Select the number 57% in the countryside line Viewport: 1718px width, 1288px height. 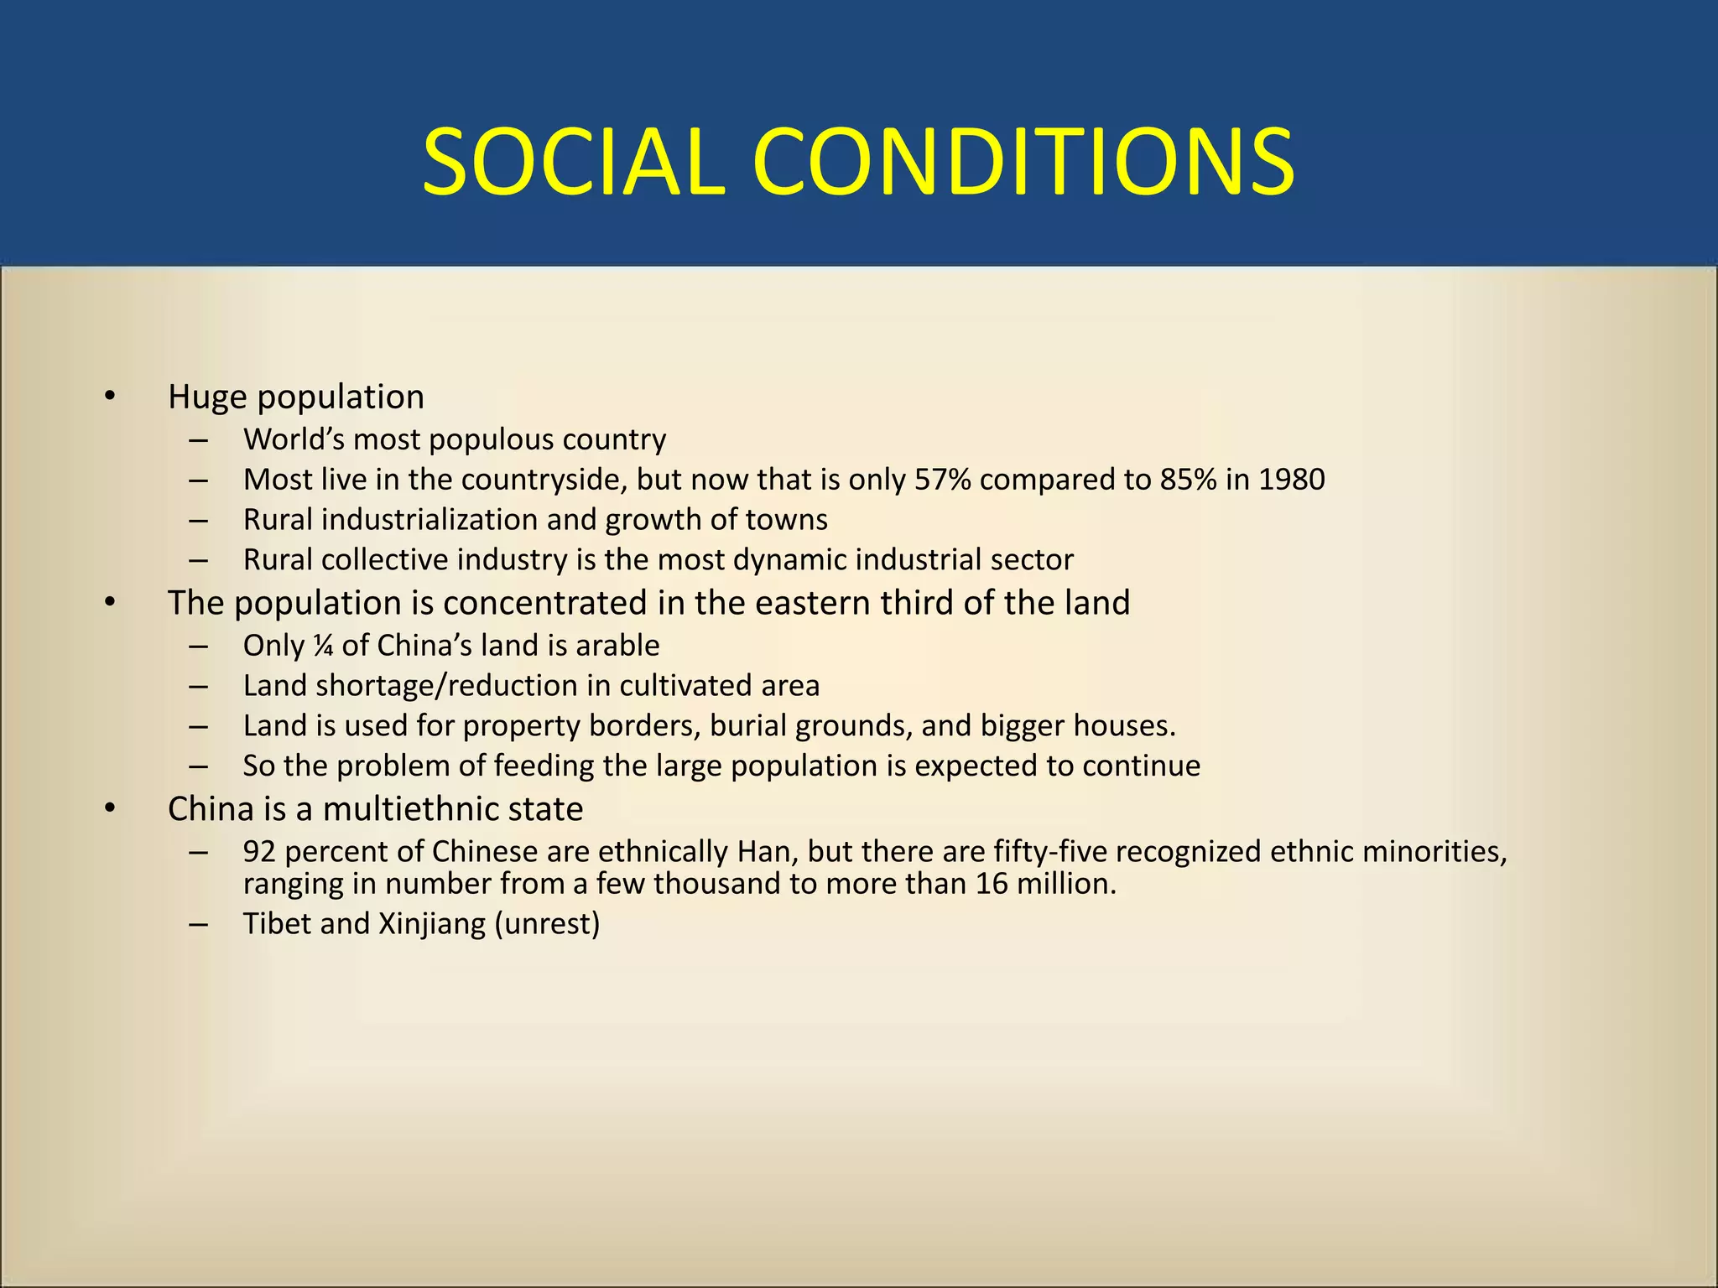pos(943,480)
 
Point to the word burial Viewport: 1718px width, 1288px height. pos(748,726)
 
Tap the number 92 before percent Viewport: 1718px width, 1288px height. pos(259,852)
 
